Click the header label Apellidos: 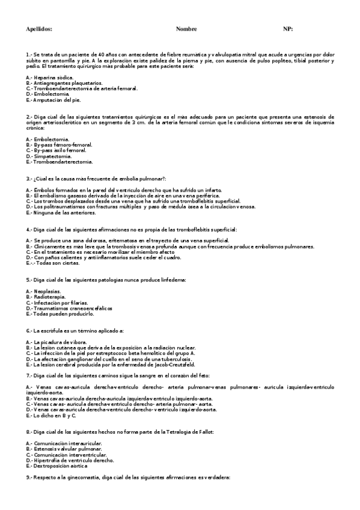coord(40,29)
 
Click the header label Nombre coord(186,29)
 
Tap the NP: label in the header coord(288,29)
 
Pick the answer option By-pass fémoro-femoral coord(59,145)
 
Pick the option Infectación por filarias coord(57,302)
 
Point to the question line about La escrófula coord(75,331)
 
